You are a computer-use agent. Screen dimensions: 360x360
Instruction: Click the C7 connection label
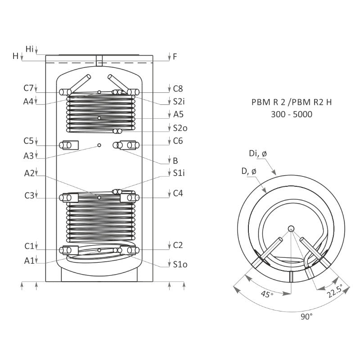click(29, 88)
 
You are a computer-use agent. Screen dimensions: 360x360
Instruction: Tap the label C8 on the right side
click(178, 88)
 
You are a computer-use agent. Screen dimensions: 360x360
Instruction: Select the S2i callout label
click(180, 102)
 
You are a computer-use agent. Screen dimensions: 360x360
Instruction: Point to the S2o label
click(180, 128)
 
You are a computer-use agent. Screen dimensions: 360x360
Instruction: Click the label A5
click(178, 114)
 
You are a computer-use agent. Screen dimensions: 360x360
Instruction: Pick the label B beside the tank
click(175, 160)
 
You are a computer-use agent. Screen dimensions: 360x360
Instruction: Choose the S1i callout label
click(180, 172)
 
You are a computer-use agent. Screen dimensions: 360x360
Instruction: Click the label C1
click(29, 246)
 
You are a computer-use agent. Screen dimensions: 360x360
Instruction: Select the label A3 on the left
click(29, 155)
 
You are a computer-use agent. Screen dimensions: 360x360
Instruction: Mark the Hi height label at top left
click(30, 48)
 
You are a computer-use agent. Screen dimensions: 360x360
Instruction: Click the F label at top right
click(175, 57)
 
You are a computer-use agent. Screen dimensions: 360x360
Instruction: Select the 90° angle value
click(307, 317)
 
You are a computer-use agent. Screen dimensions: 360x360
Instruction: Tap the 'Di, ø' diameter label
click(258, 154)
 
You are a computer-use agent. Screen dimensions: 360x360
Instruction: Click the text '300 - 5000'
click(291, 115)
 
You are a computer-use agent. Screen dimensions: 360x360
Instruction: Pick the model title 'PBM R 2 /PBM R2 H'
click(291, 102)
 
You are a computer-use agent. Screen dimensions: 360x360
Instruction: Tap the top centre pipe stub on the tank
click(99, 60)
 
